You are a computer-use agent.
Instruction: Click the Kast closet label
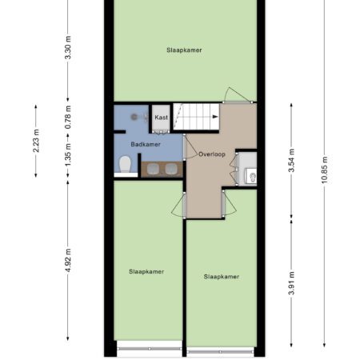[162, 118]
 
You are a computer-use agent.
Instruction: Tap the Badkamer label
[146, 144]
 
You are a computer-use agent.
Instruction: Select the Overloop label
[212, 154]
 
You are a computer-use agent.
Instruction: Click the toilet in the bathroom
[125, 164]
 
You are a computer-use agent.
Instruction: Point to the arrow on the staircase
[215, 117]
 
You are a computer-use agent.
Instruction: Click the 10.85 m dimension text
[324, 170]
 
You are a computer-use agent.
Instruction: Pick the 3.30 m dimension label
[68, 47]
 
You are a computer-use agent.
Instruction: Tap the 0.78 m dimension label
[68, 117]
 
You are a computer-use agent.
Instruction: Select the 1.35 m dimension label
[68, 155]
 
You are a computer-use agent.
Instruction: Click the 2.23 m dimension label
[36, 141]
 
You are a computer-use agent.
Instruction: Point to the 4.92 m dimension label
[68, 261]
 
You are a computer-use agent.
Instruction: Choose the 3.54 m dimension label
[291, 160]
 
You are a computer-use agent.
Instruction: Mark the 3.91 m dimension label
[291, 283]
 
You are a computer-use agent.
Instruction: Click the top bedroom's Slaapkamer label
[184, 50]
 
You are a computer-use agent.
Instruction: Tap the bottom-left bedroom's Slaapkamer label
[146, 271]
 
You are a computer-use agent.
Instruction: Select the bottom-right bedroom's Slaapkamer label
[222, 277]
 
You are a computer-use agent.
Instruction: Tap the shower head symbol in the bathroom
[134, 117]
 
